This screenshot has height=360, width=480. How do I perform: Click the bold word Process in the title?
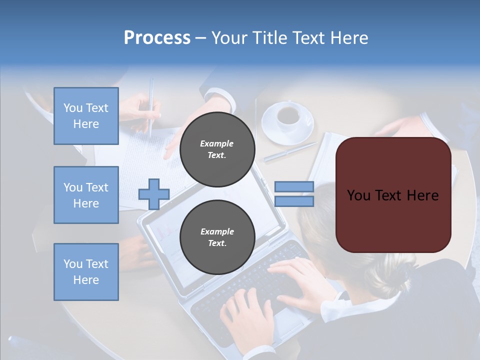[157, 38]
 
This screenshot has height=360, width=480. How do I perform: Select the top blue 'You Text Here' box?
[86, 116]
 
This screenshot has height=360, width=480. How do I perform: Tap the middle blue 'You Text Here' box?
[86, 195]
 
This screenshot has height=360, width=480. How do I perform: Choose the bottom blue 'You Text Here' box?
[86, 272]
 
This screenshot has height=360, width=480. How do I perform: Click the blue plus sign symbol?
[154, 194]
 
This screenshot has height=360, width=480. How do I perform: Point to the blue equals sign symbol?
[294, 194]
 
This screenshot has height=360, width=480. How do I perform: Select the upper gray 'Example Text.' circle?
[217, 149]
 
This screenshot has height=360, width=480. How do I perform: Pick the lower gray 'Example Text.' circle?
[217, 237]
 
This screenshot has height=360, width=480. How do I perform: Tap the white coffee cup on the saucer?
[288, 115]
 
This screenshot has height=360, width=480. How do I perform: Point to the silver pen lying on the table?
[290, 152]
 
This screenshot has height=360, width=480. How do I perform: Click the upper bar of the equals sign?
[294, 187]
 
